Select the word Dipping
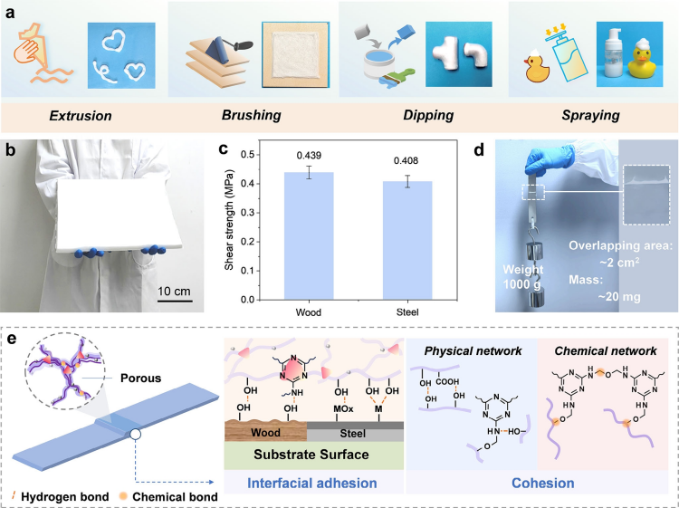pyautogui.click(x=420, y=117)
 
